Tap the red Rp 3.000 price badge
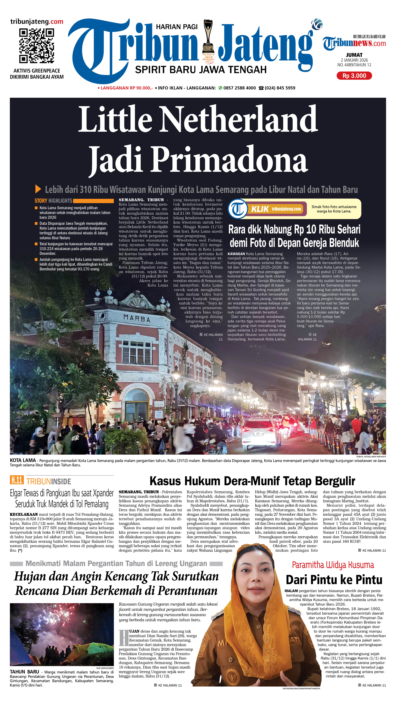(354, 76)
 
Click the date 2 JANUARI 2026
(354, 60)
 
